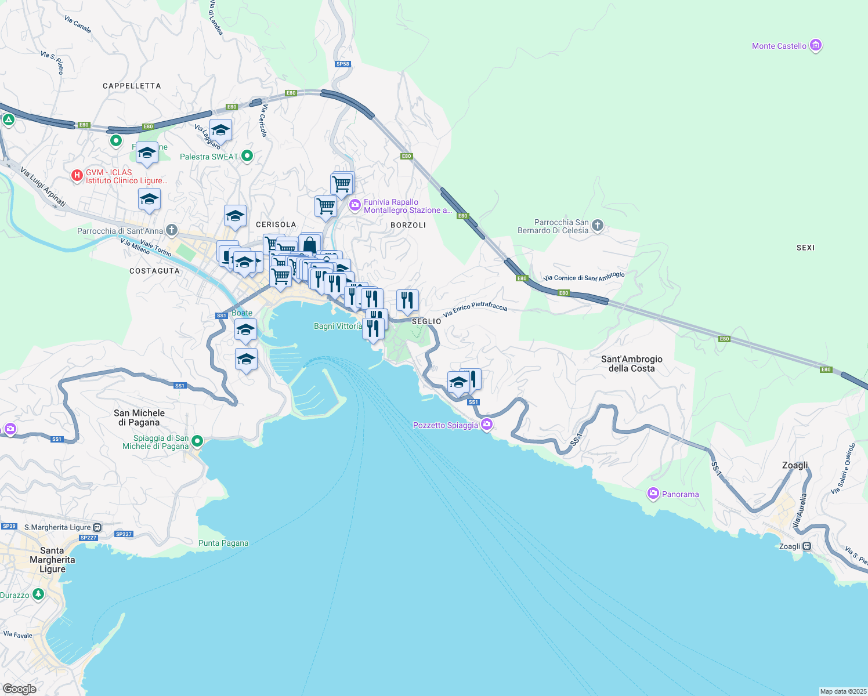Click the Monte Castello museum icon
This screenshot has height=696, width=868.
[815, 45]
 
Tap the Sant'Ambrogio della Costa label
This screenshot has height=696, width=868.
[631, 364]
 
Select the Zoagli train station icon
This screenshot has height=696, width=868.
[806, 546]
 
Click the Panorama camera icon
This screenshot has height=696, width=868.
[653, 494]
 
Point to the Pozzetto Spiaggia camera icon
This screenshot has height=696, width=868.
[487, 425]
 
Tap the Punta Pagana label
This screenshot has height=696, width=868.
[223, 543]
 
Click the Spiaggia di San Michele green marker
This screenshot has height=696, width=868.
[197, 441]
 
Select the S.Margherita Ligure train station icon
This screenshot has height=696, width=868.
[97, 527]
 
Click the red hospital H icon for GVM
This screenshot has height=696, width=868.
[77, 175]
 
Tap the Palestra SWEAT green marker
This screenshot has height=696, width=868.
[247, 155]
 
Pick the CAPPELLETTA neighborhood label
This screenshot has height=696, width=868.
[132, 86]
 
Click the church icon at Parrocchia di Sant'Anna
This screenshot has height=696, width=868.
[172, 230]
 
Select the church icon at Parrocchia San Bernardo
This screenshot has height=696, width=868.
[598, 226]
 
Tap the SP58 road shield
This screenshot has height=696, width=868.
[343, 64]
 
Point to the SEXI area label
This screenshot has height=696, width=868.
[805, 248]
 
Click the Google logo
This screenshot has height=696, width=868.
[20, 688]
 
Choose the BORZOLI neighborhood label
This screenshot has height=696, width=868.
[408, 225]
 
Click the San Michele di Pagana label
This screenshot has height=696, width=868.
[139, 418]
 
